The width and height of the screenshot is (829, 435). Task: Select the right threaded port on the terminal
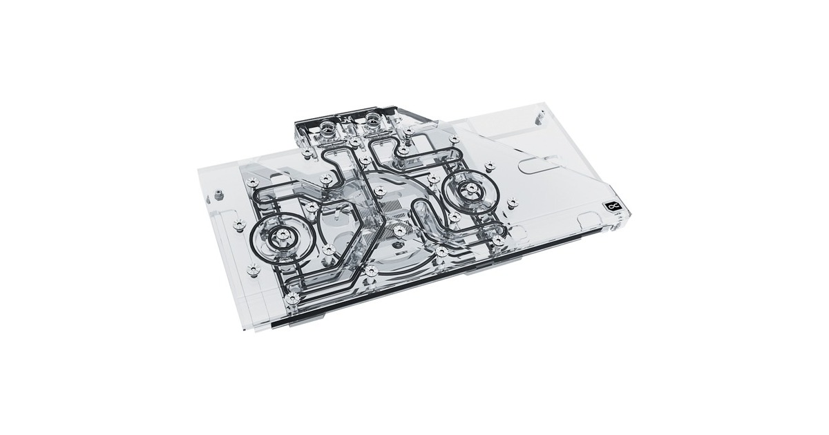(374, 115)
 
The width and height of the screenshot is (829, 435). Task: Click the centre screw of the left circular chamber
(281, 238)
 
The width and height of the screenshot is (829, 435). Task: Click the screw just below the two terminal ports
(354, 142)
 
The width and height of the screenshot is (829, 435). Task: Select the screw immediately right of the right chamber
(512, 202)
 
